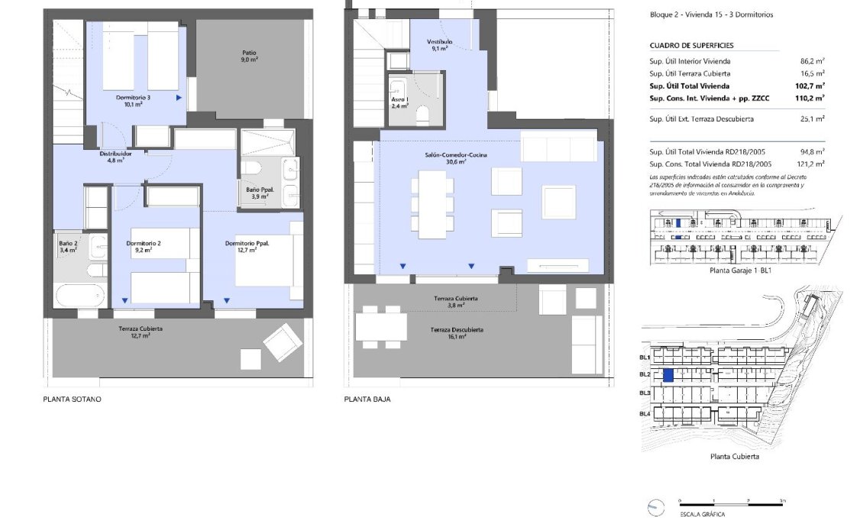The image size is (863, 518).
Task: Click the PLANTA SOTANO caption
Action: (x=73, y=400)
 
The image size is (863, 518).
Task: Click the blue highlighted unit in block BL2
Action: (x=667, y=375)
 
